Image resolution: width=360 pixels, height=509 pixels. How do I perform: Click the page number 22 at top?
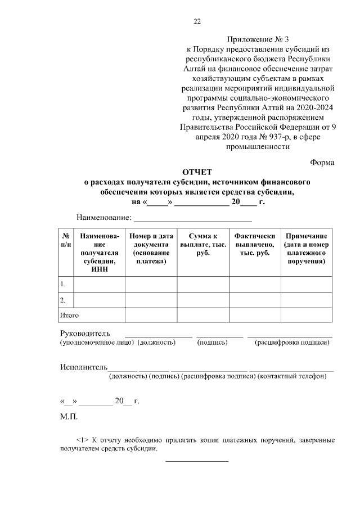pos(197,22)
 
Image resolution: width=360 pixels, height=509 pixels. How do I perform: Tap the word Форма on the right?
pos(322,162)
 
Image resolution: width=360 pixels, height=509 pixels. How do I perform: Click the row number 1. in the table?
pos(64,285)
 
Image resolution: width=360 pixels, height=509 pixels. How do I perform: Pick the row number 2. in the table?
pos(64,300)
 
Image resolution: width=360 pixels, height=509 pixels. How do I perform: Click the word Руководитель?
pos(85,334)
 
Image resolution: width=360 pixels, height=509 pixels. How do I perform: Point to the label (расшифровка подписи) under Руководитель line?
pos(292,343)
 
